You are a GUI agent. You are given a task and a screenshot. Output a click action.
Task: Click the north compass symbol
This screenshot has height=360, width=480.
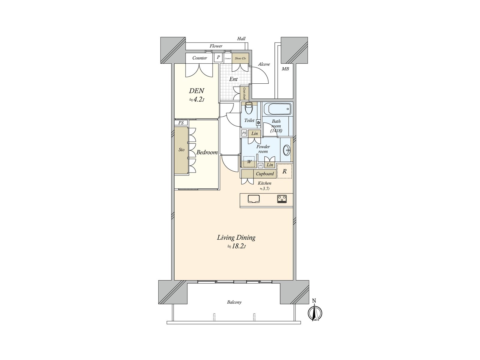(x=315, y=313)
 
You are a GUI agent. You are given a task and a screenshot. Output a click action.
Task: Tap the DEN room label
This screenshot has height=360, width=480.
(x=196, y=91)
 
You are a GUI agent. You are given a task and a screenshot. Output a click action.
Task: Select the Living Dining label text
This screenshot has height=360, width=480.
(x=236, y=238)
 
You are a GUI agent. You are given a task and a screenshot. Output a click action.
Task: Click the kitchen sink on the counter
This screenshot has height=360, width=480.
(x=254, y=199)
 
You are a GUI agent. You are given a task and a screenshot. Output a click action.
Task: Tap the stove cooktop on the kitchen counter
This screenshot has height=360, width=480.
(x=282, y=199)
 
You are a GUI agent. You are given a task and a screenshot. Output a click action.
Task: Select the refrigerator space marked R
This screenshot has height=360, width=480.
(x=284, y=172)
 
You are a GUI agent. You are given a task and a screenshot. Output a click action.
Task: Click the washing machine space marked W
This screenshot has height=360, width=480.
(x=249, y=162)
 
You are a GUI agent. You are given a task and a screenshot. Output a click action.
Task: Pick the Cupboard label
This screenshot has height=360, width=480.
(x=265, y=174)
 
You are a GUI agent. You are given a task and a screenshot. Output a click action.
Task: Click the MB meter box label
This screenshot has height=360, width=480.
(x=285, y=69)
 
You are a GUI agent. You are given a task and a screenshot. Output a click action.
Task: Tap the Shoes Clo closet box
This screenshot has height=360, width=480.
(x=240, y=58)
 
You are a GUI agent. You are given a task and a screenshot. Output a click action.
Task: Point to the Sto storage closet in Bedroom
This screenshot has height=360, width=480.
(x=181, y=150)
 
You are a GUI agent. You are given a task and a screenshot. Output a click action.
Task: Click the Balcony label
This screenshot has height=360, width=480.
(x=234, y=302)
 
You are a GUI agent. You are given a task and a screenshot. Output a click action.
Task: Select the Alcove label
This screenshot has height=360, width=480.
(x=264, y=64)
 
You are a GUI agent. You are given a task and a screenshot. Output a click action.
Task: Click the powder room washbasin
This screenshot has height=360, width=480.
(x=287, y=150)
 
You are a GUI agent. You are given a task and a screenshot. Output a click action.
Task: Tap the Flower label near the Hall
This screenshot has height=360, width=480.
(x=216, y=46)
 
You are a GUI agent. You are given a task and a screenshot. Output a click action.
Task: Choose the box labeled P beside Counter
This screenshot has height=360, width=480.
(x=218, y=57)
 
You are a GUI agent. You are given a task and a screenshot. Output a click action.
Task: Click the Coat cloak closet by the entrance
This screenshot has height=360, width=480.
(x=244, y=93)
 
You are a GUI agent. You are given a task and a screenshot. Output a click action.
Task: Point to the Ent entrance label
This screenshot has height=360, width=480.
(x=233, y=79)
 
